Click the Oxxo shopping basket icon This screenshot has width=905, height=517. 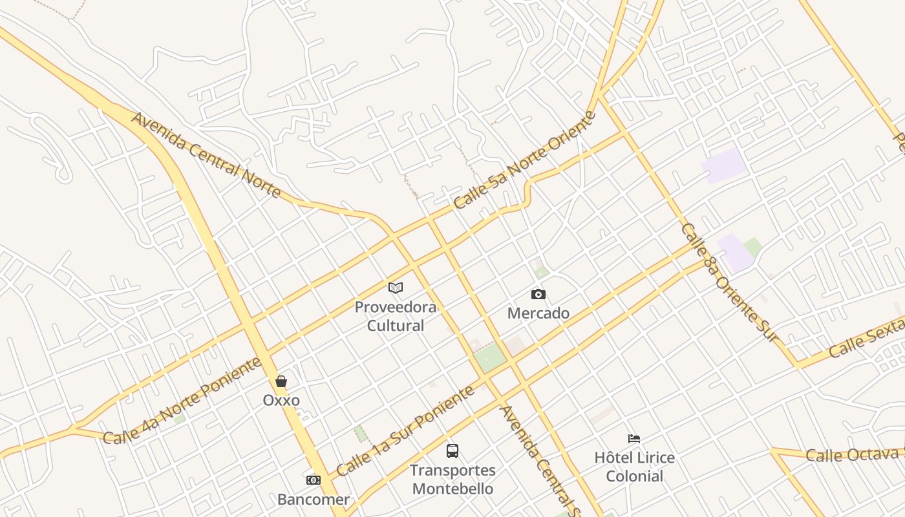281,381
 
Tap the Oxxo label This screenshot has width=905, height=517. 281,400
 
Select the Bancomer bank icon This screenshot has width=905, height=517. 314,480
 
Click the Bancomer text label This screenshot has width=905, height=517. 314,500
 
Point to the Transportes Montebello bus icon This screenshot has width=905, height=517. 452,451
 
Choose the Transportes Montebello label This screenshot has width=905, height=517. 454,480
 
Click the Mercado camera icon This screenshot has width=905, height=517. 538,295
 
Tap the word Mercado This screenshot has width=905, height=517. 538,313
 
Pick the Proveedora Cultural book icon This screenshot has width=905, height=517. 396,288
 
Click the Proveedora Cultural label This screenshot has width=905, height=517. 396,316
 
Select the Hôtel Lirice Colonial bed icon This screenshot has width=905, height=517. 634,439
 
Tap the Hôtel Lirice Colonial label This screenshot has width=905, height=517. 635,467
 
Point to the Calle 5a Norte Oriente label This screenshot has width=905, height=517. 524,160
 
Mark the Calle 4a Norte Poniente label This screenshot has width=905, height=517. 182,401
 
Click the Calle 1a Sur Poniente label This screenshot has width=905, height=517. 406,431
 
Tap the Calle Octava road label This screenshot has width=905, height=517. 852,454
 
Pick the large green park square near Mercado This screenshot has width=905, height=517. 490,357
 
